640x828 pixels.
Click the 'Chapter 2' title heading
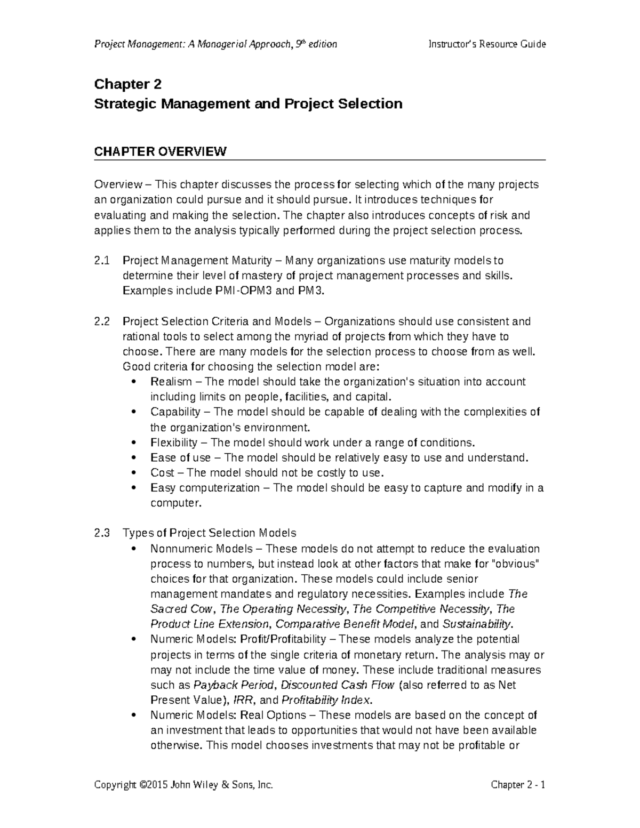pos(127,84)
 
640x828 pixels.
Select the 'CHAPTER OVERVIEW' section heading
pos(160,151)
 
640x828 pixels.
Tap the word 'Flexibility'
pos(174,443)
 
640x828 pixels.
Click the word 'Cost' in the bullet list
pos(162,473)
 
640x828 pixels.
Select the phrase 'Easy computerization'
pos(205,488)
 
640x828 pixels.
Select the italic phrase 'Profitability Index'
pos(324,700)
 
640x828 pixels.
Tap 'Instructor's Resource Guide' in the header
pos(487,44)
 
